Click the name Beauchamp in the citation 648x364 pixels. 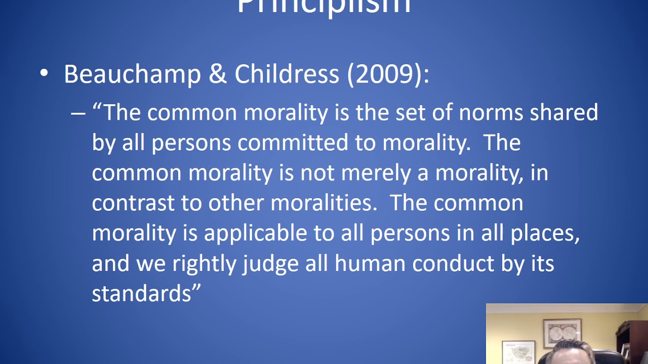coord(132,74)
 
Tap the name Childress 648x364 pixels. coord(287,74)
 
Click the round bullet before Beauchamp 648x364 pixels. coord(44,73)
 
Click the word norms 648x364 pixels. coord(491,112)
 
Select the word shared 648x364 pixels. coord(563,112)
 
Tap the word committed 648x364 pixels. coord(293,143)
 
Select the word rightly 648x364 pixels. coord(204,264)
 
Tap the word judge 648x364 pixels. coord(270,264)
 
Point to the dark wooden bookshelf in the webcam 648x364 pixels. coord(633,339)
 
